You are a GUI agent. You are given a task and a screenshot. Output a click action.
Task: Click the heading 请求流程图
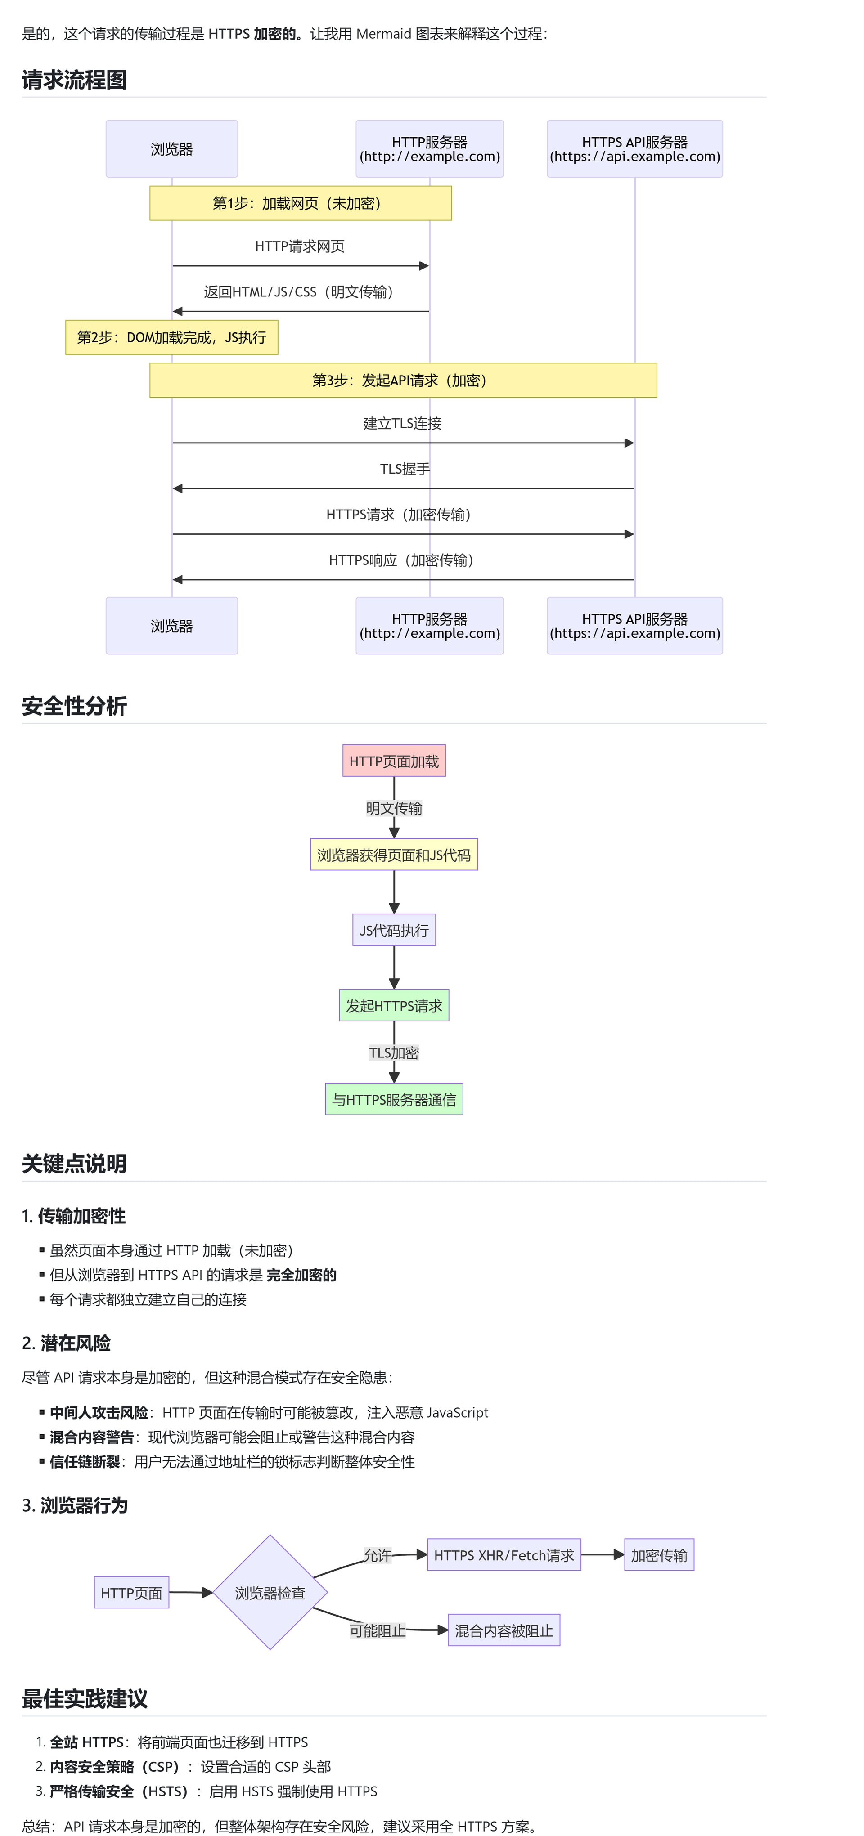74,80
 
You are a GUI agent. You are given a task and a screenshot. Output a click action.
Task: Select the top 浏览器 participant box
172,149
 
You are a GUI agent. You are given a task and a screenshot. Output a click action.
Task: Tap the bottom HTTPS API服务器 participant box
634,626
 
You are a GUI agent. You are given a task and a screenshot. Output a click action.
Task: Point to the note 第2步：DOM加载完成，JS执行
172,337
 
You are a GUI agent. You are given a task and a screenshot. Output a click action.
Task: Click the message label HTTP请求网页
300,246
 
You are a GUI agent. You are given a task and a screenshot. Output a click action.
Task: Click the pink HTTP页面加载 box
394,761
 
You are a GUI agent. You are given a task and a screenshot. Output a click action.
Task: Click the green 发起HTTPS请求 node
394,1006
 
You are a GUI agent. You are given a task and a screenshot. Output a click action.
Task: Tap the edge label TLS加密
394,1052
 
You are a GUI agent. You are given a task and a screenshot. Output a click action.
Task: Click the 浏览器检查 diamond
270,1592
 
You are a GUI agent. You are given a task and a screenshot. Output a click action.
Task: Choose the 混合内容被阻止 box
504,1630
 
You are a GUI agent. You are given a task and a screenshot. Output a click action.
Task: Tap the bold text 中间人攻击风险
99,1413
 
